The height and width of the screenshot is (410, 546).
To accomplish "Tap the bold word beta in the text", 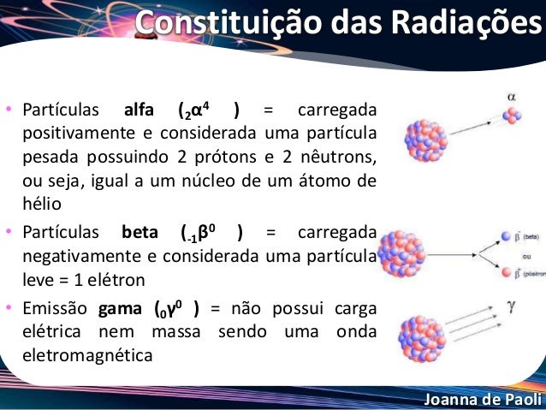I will pos(140,233).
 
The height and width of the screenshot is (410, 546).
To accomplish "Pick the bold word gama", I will pos(119,309).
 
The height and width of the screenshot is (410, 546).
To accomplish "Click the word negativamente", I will pos(73,256).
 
